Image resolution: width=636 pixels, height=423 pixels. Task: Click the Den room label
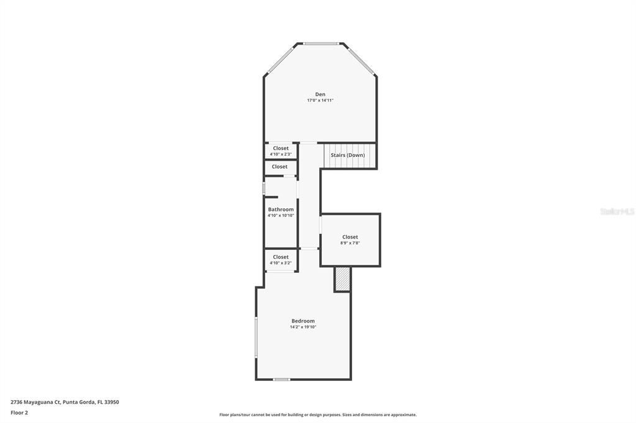[320, 94]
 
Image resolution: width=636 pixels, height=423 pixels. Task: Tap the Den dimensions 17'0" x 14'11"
[320, 100]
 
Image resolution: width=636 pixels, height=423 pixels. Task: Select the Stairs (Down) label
[347, 155]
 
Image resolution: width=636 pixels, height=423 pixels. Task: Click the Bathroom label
[281, 210]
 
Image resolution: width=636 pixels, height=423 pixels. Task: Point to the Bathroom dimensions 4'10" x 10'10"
[281, 216]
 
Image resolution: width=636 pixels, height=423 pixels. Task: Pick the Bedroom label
[303, 321]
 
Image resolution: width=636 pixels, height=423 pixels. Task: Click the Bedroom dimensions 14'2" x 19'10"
[303, 327]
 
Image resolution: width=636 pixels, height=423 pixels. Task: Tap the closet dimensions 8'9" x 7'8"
[350, 243]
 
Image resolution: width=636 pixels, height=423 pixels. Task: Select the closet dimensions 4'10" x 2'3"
[281, 154]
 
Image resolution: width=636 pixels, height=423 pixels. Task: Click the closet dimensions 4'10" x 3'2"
[281, 263]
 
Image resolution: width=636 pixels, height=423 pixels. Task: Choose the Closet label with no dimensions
[279, 167]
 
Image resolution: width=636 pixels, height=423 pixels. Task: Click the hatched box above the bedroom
[342, 279]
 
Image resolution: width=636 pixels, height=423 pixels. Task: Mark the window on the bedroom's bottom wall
[281, 379]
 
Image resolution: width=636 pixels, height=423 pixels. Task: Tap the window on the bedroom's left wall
[256, 337]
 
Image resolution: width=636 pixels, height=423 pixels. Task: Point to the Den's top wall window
[320, 43]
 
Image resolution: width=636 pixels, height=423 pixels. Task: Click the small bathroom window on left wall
[264, 187]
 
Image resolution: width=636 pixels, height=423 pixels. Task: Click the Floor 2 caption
[19, 412]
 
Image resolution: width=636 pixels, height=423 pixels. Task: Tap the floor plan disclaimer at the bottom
[317, 415]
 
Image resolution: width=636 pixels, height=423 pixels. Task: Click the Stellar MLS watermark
[617, 211]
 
